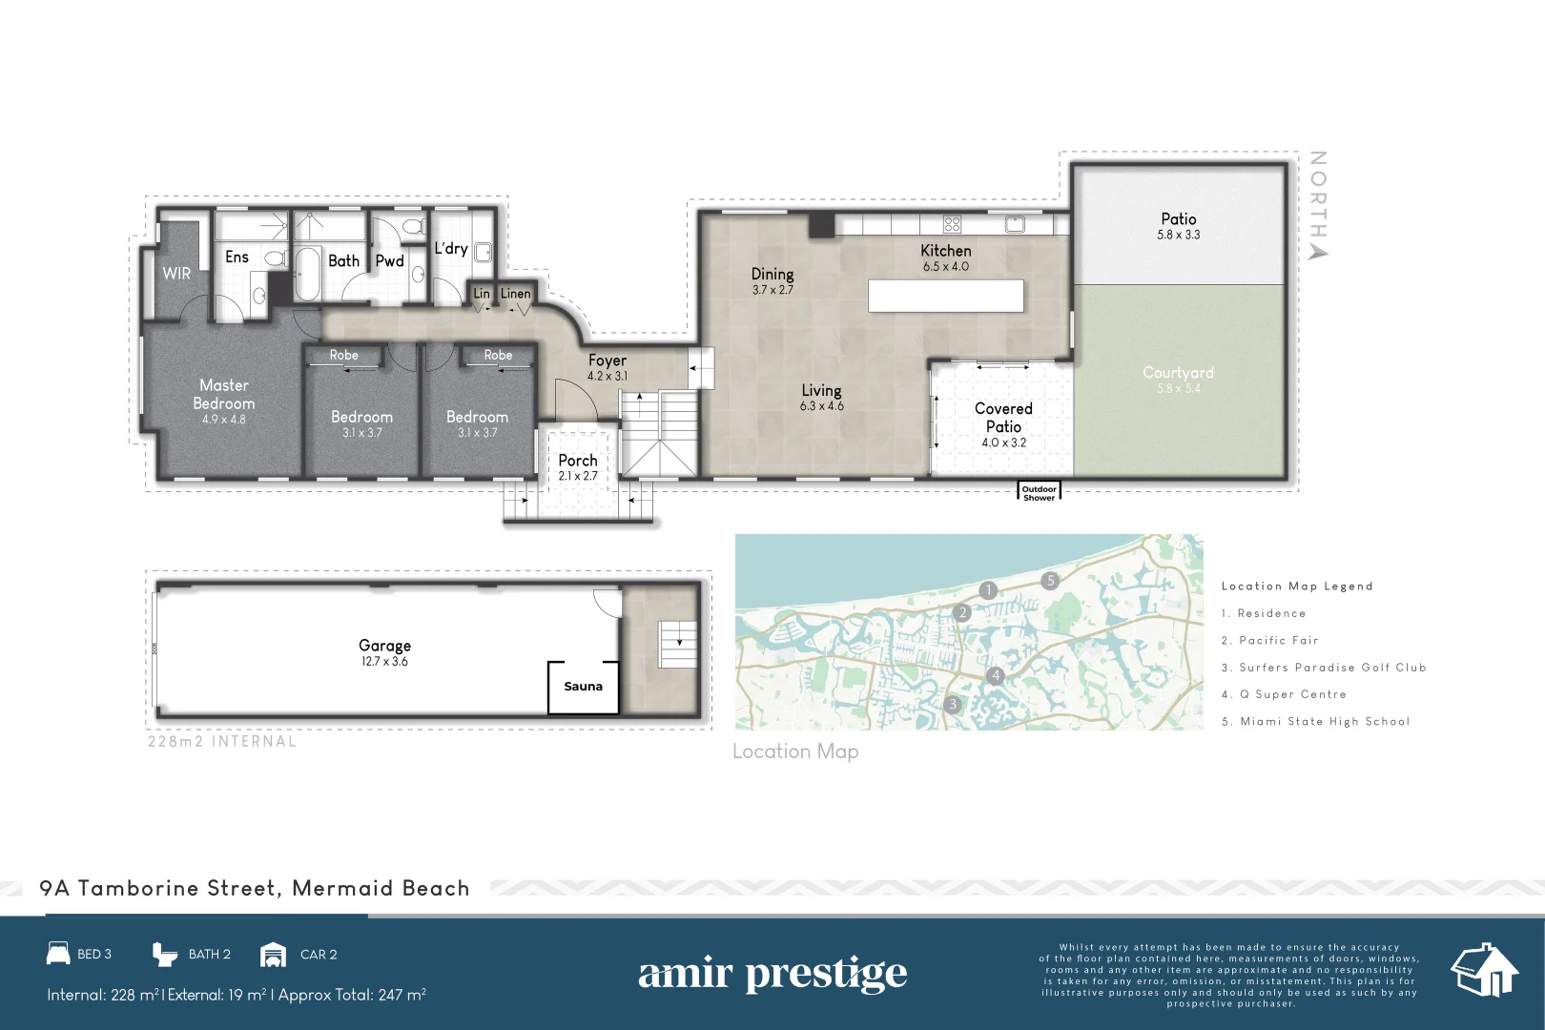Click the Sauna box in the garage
tap(583, 687)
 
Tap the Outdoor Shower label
tap(1039, 493)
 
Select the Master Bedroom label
tap(224, 394)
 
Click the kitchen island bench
tap(945, 296)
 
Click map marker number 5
tap(1050, 580)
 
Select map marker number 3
tap(952, 705)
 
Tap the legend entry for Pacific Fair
tap(1278, 641)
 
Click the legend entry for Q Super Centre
tap(1292, 694)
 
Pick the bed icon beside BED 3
tap(58, 954)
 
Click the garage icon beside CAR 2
tap(273, 955)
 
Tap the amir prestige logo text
tap(772, 974)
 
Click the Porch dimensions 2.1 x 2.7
tap(578, 476)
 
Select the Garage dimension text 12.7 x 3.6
tap(384, 662)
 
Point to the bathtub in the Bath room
tap(307, 273)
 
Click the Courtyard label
tap(1178, 373)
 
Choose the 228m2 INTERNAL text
tap(221, 741)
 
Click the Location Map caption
tap(795, 752)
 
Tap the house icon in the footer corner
tap(1483, 970)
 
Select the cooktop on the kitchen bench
tap(952, 225)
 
